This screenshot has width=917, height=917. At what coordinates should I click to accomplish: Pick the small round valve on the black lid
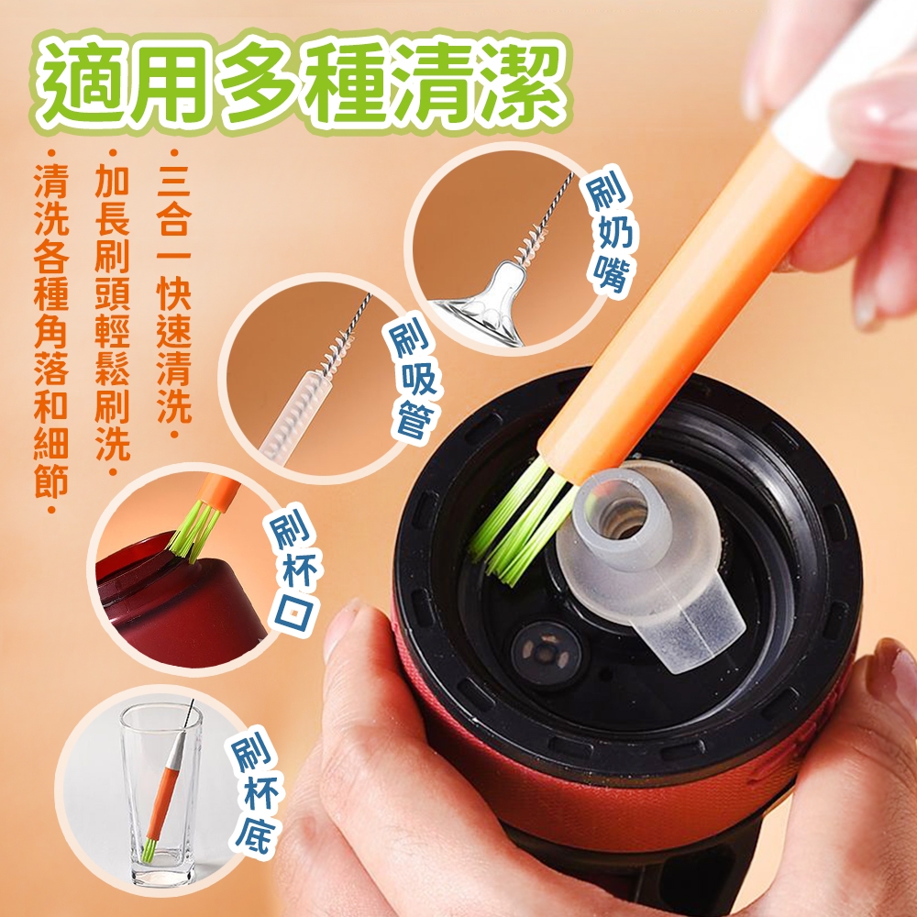547,650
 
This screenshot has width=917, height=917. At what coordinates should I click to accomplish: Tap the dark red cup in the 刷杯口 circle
175,602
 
